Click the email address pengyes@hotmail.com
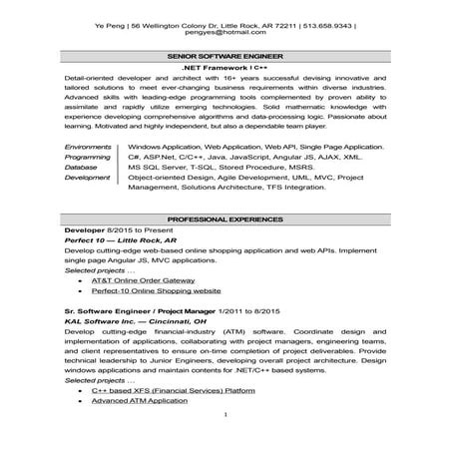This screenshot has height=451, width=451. click(225, 33)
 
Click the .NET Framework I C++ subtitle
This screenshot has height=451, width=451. click(225, 69)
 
